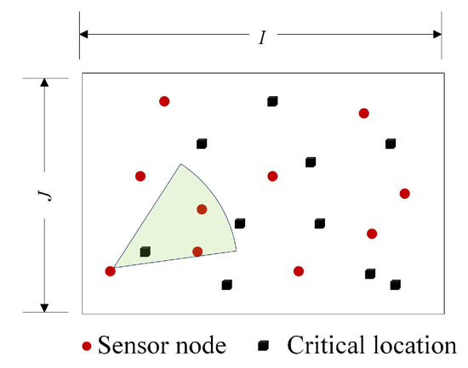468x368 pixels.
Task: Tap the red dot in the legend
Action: coord(87,347)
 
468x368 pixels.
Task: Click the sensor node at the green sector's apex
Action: coord(110,271)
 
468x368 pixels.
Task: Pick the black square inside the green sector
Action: coord(145,252)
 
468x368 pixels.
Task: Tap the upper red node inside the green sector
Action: coord(202,209)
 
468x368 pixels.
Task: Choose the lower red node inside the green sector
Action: coord(197,252)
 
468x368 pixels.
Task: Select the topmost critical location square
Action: coord(272,101)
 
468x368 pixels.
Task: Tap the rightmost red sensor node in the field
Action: coord(405,194)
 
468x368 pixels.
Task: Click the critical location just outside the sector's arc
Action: coord(240,224)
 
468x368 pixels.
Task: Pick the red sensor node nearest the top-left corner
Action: coord(164,101)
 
